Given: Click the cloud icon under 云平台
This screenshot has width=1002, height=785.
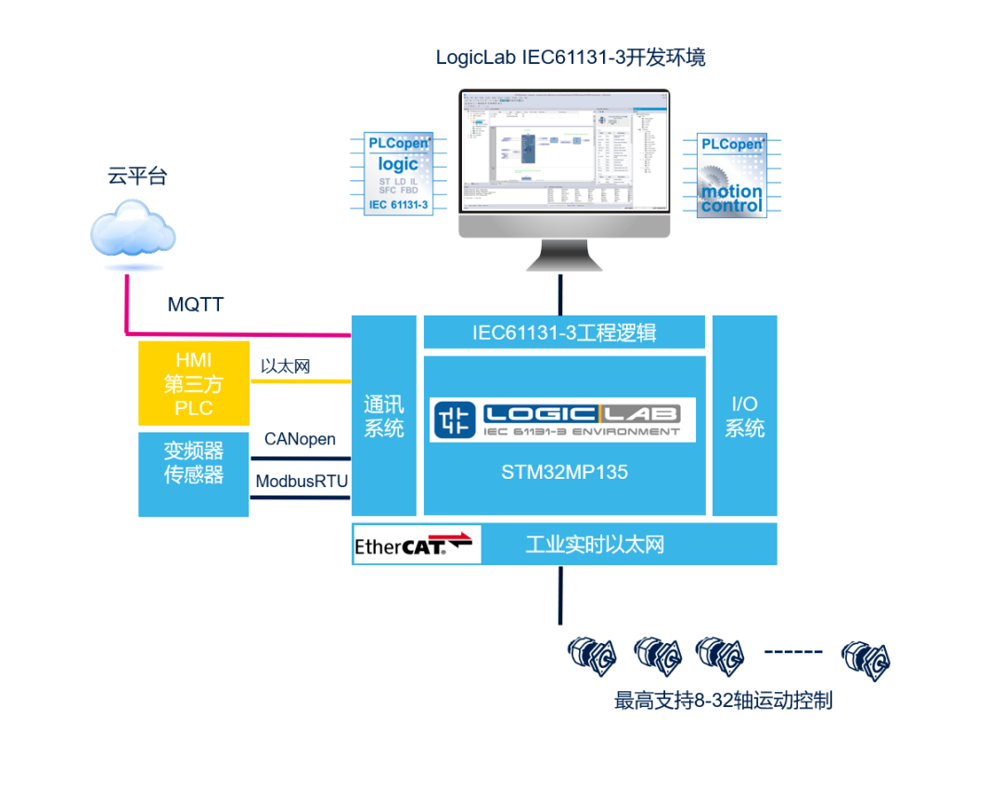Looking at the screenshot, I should click(134, 231).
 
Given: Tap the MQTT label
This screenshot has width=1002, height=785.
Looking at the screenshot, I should click(195, 304).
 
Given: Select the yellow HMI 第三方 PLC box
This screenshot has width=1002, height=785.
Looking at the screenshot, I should click(193, 383).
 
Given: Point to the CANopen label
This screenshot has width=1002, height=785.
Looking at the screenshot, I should click(300, 439).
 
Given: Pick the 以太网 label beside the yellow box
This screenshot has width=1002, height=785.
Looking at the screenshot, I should click(285, 367).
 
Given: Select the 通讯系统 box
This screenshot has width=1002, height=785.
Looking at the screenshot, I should click(383, 416).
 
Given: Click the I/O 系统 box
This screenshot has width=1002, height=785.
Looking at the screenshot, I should click(744, 416).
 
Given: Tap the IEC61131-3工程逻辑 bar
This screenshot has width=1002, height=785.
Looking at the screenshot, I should click(564, 331).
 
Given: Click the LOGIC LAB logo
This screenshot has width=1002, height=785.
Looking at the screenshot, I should click(562, 418).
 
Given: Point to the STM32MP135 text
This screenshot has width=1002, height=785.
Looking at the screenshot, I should click(564, 471).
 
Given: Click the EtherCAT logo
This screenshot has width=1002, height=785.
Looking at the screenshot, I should click(414, 544).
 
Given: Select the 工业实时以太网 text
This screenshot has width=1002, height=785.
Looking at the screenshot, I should click(595, 545).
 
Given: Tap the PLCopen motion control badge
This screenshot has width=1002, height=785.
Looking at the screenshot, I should click(731, 174).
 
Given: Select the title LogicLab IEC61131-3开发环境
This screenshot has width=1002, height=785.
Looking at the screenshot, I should click(571, 58).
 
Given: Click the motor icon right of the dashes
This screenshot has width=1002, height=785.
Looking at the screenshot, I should click(865, 661).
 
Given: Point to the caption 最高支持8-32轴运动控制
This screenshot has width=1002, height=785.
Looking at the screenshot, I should click(723, 701).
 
